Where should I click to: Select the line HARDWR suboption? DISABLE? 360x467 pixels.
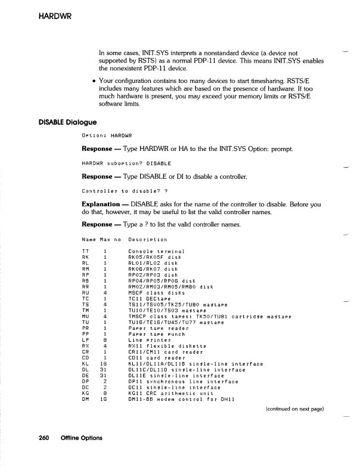coord(126,163)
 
